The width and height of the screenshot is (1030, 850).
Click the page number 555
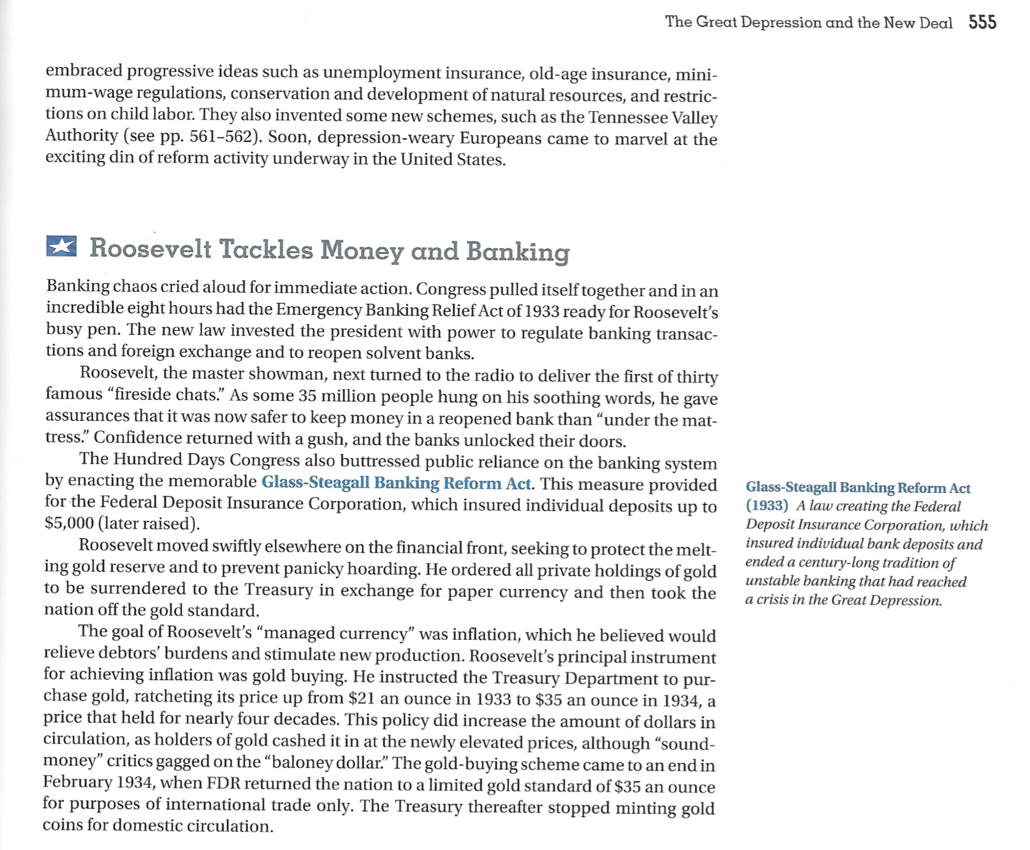(982, 22)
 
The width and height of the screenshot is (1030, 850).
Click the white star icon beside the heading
(61, 246)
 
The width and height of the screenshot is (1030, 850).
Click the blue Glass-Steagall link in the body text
(396, 483)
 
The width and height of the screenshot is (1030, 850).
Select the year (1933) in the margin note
(766, 506)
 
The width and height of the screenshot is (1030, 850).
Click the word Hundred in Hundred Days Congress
(149, 460)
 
